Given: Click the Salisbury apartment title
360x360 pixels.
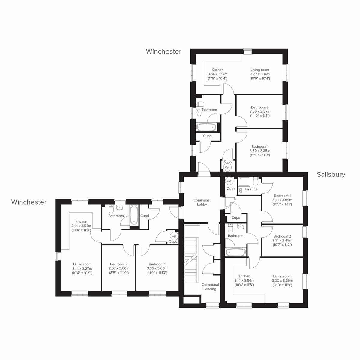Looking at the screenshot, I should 331,175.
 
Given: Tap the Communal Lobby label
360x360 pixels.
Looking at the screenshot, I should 202,202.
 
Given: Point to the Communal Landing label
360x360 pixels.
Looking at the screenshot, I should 210,287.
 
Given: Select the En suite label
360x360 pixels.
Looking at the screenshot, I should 251,189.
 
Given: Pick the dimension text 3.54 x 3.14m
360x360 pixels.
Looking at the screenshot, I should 217,74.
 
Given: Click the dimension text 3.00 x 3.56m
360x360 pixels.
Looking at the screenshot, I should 282,281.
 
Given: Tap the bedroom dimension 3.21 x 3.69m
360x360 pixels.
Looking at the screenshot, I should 282,200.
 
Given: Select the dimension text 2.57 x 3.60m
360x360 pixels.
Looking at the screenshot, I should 119,268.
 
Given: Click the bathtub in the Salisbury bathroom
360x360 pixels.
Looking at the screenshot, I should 235,252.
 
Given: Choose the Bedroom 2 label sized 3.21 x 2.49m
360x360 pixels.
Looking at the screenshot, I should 282,236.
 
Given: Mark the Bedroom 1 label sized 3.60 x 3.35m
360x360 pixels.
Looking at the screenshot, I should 260,147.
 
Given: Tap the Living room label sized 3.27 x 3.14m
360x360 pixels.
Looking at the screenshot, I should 260,70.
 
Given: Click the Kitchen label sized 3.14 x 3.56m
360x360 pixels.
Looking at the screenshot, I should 244,276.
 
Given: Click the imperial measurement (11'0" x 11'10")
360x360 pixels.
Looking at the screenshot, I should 157,273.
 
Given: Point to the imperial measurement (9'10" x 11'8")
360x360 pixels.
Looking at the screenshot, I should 282,285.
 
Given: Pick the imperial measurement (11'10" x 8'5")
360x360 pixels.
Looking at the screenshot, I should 260,115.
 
